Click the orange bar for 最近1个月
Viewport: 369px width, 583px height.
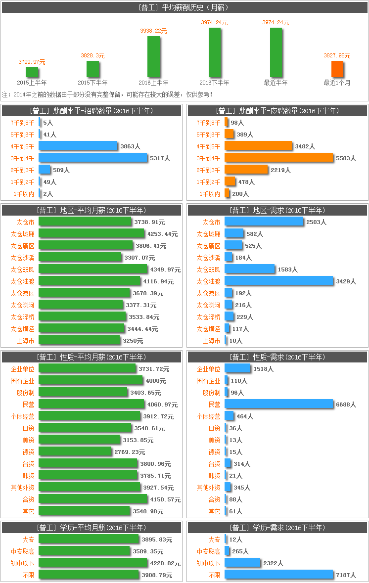pos(337,69)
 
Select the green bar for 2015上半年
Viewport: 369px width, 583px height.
pos(32,72)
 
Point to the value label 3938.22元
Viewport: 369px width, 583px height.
pos(153,31)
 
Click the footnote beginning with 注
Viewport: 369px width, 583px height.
pos(107,94)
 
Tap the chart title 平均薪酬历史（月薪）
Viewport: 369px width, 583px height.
pos(184,7)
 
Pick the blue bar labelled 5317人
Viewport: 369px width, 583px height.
pos(93,158)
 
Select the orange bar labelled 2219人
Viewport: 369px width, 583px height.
pos(246,170)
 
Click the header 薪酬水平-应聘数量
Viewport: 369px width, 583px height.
pos(277,111)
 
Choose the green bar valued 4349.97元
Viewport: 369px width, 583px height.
pos(93,269)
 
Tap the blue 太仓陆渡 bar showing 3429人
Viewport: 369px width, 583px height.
pos(279,281)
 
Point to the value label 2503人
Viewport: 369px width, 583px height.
pos(316,223)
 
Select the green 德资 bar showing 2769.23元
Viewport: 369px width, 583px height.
pos(75,452)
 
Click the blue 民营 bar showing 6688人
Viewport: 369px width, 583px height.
pos(279,404)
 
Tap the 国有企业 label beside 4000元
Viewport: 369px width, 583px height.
pos(22,381)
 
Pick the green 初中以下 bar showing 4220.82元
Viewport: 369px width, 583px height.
pos(93,563)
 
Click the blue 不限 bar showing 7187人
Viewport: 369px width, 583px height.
pos(279,575)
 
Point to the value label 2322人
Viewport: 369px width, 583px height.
pos(273,563)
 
